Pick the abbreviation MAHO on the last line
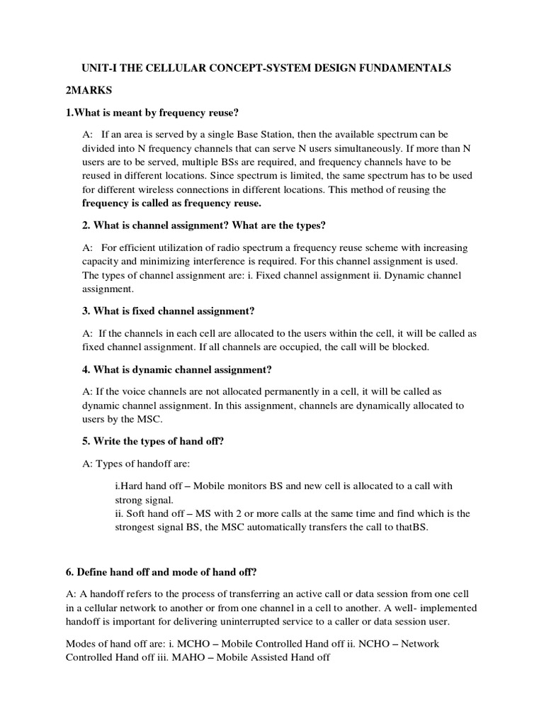point(182,657)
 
